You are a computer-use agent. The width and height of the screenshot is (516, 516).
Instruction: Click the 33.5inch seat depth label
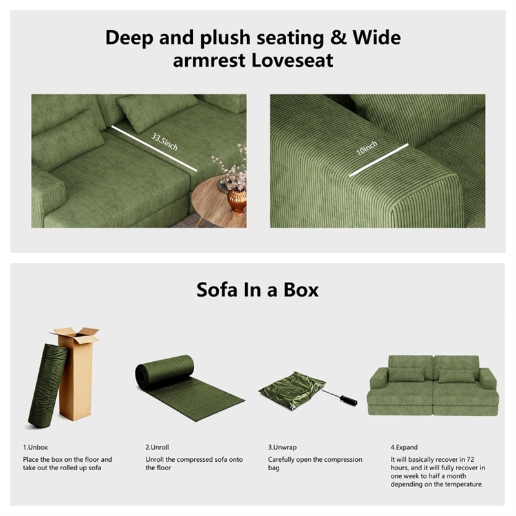pyautogui.click(x=164, y=141)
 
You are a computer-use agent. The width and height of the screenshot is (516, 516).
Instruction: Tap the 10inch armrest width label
pyautogui.click(x=367, y=148)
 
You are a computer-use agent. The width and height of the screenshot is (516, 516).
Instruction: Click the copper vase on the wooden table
pyautogui.click(x=237, y=201)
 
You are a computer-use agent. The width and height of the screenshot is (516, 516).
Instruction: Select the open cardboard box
pyautogui.click(x=75, y=373)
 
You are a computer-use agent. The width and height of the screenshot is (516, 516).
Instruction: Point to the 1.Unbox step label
pyautogui.click(x=35, y=447)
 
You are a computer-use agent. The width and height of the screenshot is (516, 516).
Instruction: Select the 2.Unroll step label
pyautogui.click(x=157, y=447)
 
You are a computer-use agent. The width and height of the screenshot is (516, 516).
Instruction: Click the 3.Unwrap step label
pyautogui.click(x=282, y=447)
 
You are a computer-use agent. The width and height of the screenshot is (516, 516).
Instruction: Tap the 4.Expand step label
pyautogui.click(x=404, y=447)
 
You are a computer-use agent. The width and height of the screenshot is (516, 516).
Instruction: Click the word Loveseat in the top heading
pyautogui.click(x=292, y=60)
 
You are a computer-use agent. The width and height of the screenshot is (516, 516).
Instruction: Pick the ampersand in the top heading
pyautogui.click(x=339, y=37)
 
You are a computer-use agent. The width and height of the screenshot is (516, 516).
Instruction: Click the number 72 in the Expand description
pyautogui.click(x=471, y=459)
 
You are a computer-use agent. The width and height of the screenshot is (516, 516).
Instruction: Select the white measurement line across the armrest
pyautogui.click(x=379, y=160)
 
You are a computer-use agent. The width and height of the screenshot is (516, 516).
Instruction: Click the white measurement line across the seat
pyautogui.click(x=154, y=148)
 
